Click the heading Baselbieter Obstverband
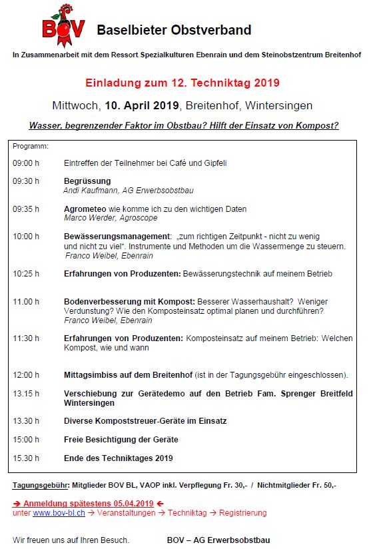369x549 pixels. (174, 30)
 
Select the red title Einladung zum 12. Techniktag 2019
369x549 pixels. (183, 83)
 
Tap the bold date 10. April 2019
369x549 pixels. (142, 105)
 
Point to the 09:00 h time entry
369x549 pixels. (26, 163)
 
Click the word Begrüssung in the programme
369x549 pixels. (87, 181)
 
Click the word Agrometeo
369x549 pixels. (85, 209)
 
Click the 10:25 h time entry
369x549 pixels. (26, 274)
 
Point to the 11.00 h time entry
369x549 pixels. (26, 302)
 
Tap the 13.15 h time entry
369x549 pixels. (26, 394)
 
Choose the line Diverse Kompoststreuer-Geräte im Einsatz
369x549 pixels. (145, 421)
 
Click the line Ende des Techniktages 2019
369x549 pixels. (118, 458)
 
